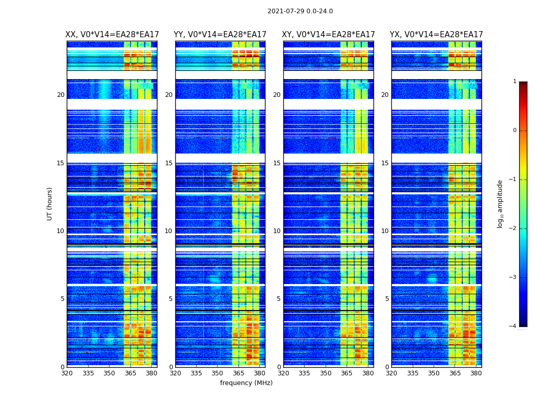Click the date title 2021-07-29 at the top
(300, 11)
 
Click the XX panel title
(112, 35)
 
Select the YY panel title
(220, 35)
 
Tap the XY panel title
(329, 35)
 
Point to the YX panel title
(436, 35)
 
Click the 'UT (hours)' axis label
(50, 203)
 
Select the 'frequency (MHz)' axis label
(246, 383)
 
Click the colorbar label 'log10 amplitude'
(500, 203)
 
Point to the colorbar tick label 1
(515, 82)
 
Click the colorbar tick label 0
(515, 131)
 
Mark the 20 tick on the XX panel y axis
(61, 95)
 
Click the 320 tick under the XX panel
(67, 373)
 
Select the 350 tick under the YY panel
(218, 373)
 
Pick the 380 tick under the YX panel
(476, 373)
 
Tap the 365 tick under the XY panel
(346, 373)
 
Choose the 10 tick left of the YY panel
(169, 231)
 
